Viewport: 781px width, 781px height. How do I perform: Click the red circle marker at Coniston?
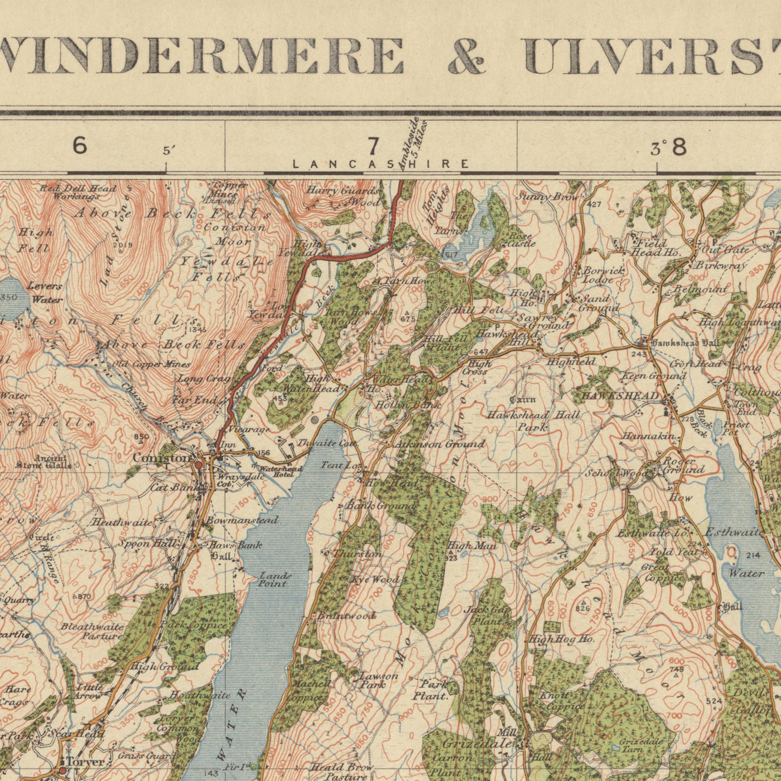[199, 464]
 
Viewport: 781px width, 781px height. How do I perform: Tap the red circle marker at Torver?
[62, 770]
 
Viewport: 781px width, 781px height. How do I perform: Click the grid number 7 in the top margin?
[373, 147]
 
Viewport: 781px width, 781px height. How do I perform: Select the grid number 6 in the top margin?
[80, 146]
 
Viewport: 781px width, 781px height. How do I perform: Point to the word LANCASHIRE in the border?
[380, 164]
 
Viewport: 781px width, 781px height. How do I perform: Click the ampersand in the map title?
[466, 56]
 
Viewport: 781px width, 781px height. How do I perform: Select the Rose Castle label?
[522, 240]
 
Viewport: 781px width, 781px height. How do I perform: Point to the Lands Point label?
[274, 580]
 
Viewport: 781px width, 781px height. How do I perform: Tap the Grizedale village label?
[477, 744]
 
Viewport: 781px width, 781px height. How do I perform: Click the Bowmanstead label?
[241, 520]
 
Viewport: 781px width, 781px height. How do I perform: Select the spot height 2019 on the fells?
[122, 244]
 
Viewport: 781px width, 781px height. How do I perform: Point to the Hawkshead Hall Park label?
[533, 421]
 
